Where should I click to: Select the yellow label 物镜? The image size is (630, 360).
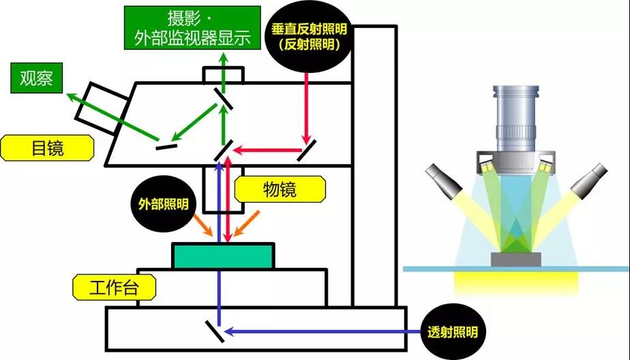tap(280, 189)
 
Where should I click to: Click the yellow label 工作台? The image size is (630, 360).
tap(114, 287)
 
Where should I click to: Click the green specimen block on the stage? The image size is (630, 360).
tap(224, 256)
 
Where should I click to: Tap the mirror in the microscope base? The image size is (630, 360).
tap(213, 331)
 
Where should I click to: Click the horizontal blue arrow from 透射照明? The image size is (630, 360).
tap(320, 332)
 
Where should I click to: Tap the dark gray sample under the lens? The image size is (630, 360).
tap(515, 259)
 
